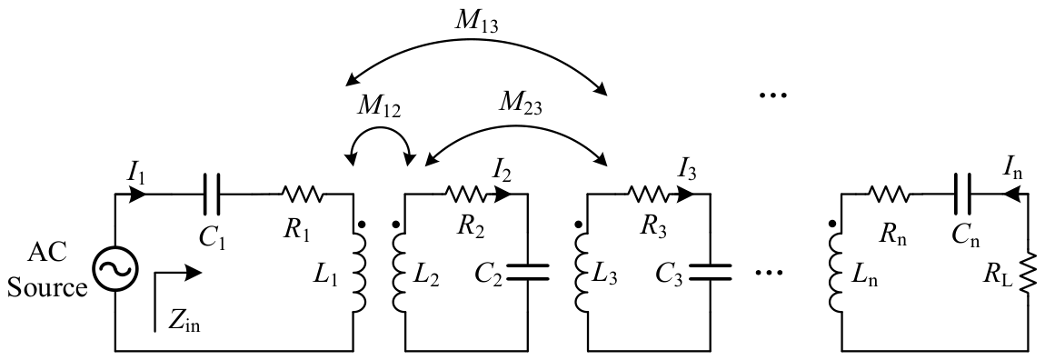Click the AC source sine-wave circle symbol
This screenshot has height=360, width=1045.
coord(115,269)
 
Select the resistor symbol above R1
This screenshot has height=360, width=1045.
coord(303,195)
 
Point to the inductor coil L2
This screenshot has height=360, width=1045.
coord(399,269)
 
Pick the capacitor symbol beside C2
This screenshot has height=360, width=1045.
coord(528,271)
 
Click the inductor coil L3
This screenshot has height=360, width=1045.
coord(582,269)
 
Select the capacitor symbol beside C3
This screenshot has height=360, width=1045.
coord(710,271)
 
